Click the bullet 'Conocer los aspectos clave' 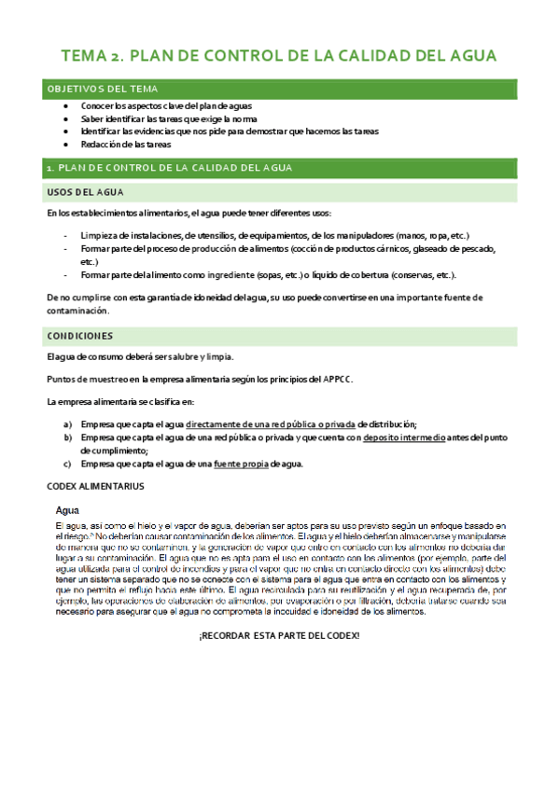coord(147,107)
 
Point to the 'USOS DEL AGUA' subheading coord(83,192)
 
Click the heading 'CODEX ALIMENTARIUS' coord(95,486)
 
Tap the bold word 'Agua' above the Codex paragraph coord(67,511)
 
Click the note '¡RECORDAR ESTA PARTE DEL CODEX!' coord(278,635)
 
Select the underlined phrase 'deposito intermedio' coord(403,437)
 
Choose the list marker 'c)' coord(68,464)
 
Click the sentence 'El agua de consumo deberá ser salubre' coord(140,356)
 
